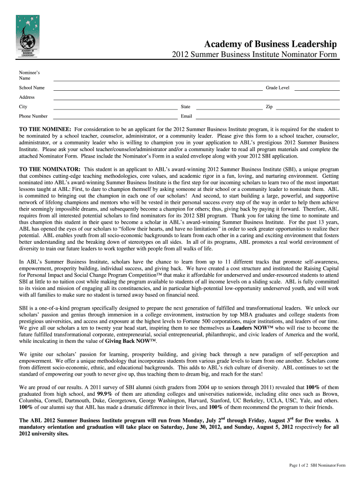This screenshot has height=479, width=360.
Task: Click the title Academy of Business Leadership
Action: point(270,44)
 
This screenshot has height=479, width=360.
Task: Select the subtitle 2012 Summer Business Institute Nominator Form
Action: point(254,56)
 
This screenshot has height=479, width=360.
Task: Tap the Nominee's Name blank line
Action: point(196,80)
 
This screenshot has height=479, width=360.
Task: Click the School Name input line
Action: point(158,89)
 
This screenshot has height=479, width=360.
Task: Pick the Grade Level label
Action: point(278,88)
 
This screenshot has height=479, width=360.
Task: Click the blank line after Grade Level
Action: point(317,89)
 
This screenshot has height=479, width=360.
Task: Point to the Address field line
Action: point(196,99)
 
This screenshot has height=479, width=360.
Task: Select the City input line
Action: point(115,108)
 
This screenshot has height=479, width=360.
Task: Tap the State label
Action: point(185,107)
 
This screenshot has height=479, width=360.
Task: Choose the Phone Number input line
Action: point(115,117)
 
